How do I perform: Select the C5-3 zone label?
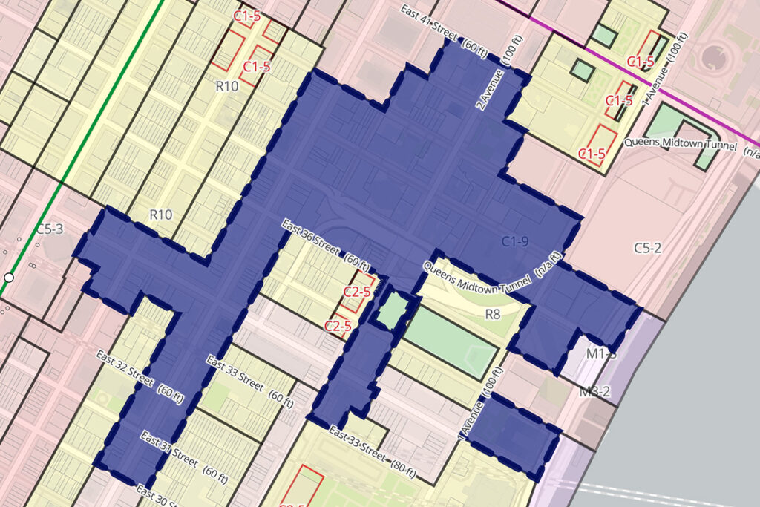[x=49, y=229]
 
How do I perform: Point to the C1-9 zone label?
[x=514, y=241]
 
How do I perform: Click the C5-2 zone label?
[x=647, y=248]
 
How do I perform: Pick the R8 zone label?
[x=494, y=314]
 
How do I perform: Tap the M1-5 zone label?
[x=601, y=354]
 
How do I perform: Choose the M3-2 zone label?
[x=594, y=391]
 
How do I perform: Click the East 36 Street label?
[x=325, y=244]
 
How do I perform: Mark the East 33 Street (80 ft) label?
[x=372, y=453]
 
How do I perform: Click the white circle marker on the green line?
[x=9, y=278]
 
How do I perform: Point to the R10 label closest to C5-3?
[x=161, y=215]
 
